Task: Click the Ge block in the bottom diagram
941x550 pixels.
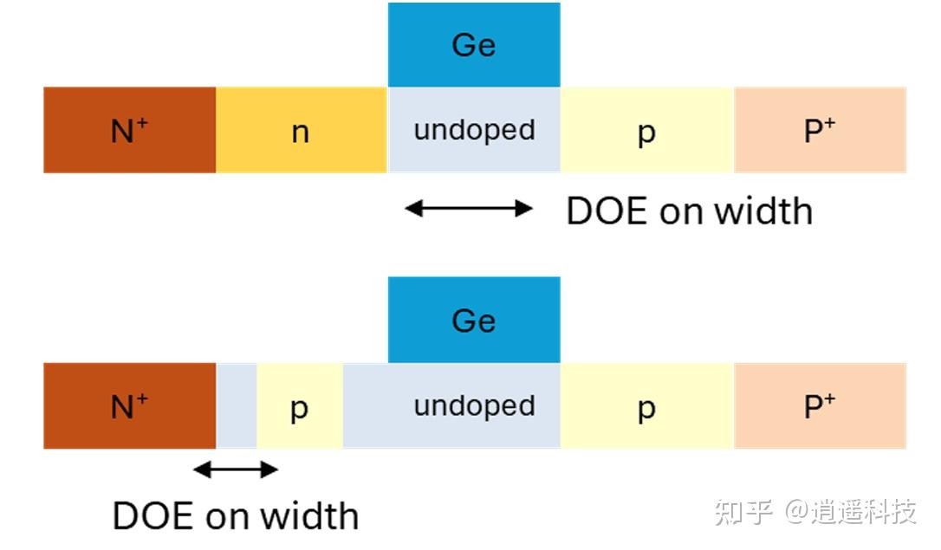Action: pyautogui.click(x=474, y=320)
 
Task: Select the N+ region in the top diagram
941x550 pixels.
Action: pyautogui.click(x=129, y=131)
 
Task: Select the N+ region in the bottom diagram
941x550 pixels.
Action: pyautogui.click(x=129, y=406)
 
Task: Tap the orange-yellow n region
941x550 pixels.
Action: pyautogui.click(x=301, y=131)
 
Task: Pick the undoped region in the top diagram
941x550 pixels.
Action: pyautogui.click(x=474, y=131)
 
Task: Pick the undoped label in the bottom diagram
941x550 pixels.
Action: pyautogui.click(x=474, y=406)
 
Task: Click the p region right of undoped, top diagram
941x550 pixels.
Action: pyautogui.click(x=646, y=131)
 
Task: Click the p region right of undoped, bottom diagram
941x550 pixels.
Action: pyautogui.click(x=646, y=406)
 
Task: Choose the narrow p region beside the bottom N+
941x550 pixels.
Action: pyautogui.click(x=299, y=406)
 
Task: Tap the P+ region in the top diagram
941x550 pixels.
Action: pyautogui.click(x=820, y=131)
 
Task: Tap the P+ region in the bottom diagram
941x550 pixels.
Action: pyautogui.click(x=820, y=406)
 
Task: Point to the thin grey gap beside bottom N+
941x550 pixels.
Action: pyautogui.click(x=236, y=406)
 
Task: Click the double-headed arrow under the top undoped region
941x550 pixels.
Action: pyautogui.click(x=469, y=208)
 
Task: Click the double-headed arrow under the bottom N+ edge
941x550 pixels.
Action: pyautogui.click(x=235, y=470)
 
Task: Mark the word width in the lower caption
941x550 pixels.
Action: pyautogui.click(x=309, y=516)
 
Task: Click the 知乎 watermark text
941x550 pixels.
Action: pyautogui.click(x=743, y=512)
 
